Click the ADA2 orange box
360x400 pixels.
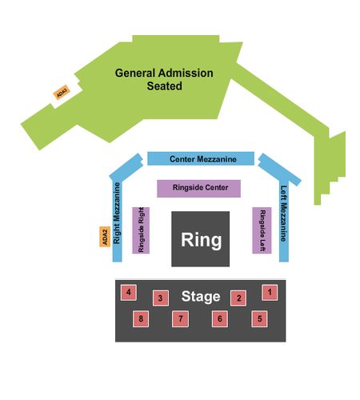click(x=105, y=237)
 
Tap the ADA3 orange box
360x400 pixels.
click(x=62, y=92)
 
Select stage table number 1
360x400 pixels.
click(x=270, y=292)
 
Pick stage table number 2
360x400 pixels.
click(x=238, y=298)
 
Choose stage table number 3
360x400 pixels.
click(x=161, y=298)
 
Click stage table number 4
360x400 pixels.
click(x=129, y=292)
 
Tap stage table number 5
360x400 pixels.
click(x=259, y=318)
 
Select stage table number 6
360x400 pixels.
click(x=220, y=318)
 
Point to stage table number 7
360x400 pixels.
click(x=181, y=318)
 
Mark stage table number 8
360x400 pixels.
click(x=141, y=318)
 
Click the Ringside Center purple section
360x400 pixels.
click(x=198, y=189)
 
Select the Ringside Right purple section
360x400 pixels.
click(x=141, y=230)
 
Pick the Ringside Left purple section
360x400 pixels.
click(x=262, y=230)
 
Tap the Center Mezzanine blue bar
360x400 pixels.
click(x=201, y=158)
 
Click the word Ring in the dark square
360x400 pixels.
click(x=202, y=240)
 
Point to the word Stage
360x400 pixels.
click(x=201, y=297)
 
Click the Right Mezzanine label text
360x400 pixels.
click(x=117, y=213)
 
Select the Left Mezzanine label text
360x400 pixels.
click(x=284, y=214)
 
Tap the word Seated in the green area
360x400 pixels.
click(x=165, y=86)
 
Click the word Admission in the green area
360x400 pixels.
click(x=186, y=73)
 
